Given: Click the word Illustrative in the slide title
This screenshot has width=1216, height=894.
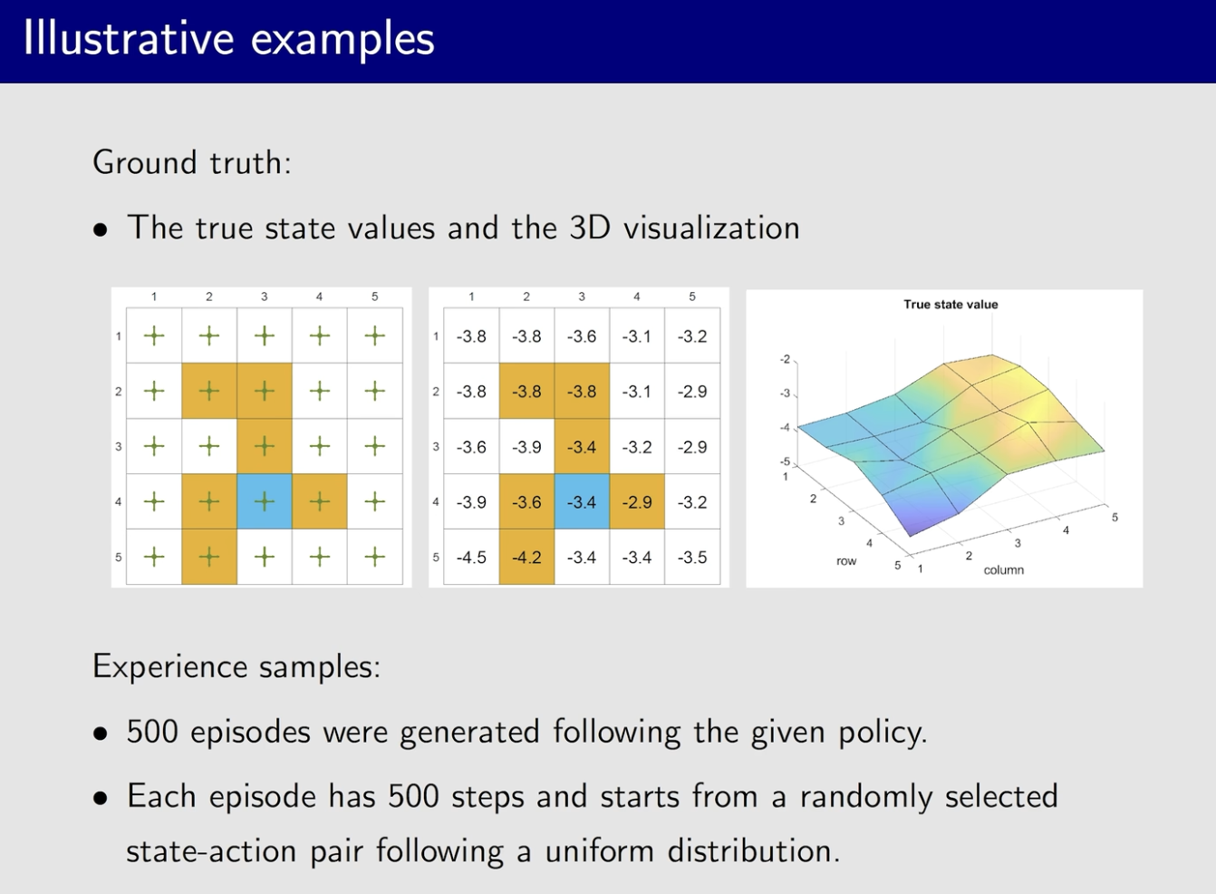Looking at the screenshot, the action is (129, 39).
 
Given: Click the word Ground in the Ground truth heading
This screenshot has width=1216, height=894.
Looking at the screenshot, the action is (144, 162).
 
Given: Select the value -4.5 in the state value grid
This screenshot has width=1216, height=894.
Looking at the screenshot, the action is (471, 558).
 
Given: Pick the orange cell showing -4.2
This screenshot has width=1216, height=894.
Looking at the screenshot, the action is (526, 557).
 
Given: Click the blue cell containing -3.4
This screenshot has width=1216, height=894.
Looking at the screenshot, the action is (582, 501).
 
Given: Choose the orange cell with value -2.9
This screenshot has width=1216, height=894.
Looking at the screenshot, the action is (637, 501).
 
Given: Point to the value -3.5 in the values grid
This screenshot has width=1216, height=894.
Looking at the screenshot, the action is (692, 558).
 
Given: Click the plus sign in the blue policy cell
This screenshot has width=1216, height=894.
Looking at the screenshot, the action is (265, 501).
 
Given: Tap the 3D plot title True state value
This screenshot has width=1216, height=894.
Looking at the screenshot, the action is (951, 304).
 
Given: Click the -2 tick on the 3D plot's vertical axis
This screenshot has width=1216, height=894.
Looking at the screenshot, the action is (785, 359).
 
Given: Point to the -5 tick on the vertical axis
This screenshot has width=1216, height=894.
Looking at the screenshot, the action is (785, 462).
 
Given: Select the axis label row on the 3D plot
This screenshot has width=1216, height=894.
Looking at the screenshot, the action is (846, 561).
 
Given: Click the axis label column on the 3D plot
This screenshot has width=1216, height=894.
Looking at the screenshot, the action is (1004, 569).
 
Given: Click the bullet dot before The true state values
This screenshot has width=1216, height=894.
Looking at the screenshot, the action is (101, 230).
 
